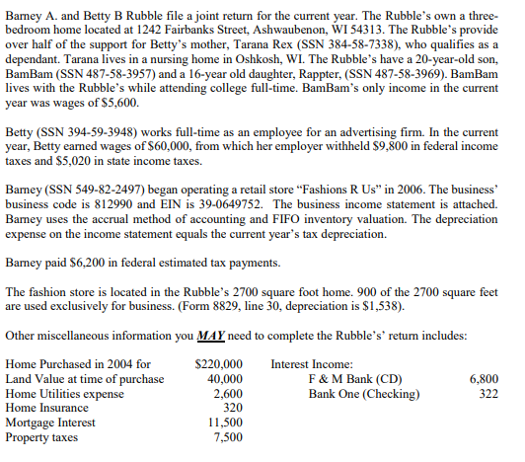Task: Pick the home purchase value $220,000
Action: [220, 364]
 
